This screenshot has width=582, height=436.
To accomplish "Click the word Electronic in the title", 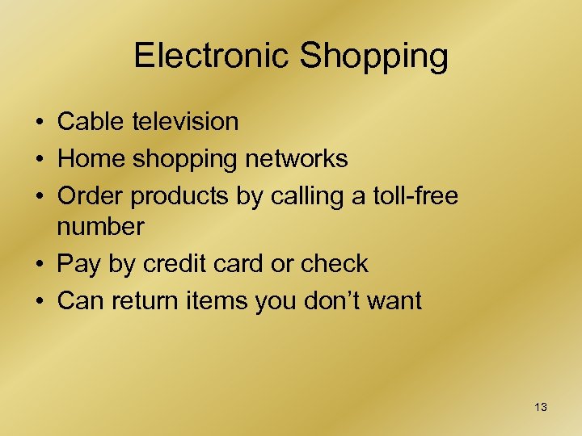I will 211,56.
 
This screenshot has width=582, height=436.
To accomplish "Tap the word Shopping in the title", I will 374,56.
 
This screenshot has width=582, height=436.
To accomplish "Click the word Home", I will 92,159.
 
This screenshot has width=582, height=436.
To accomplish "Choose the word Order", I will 91,196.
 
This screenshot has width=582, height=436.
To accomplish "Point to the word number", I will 101,226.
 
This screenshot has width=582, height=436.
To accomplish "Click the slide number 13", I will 541,407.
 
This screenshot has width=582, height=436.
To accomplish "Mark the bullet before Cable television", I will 39,123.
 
